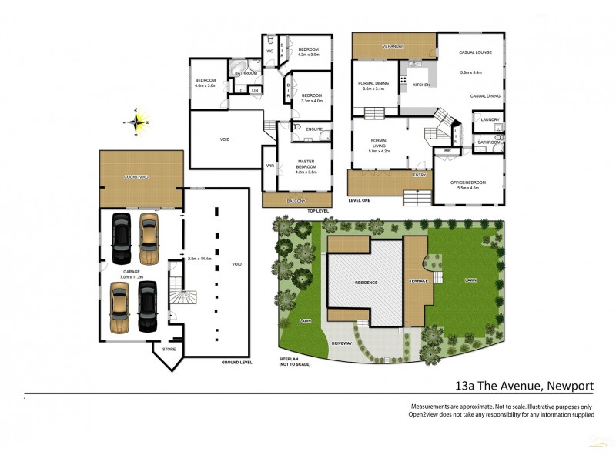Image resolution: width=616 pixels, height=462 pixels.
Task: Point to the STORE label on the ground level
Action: click(x=169, y=350)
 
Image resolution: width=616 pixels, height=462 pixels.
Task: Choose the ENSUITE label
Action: click(x=313, y=129)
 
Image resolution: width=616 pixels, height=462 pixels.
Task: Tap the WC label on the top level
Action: click(x=269, y=52)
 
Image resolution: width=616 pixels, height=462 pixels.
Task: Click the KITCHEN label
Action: click(x=420, y=85)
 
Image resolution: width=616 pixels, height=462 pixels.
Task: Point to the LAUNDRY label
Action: click(x=490, y=119)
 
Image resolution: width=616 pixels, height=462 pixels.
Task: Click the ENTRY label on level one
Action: click(x=420, y=175)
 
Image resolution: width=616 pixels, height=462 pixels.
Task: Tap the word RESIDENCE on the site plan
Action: click(x=366, y=283)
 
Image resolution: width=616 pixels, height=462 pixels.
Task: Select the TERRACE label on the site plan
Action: click(x=418, y=282)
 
